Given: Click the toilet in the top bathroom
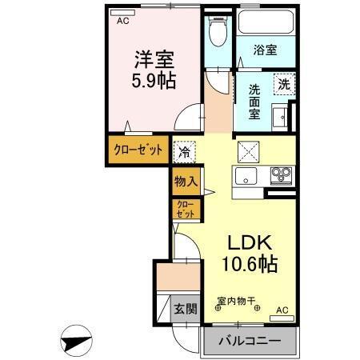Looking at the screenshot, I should tap(214, 33).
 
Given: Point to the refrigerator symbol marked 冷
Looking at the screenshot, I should tap(184, 150).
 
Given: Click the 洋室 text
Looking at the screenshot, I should tap(154, 59).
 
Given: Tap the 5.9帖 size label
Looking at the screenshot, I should tap(154, 81).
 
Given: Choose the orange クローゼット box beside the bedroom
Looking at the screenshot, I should tap(138, 150).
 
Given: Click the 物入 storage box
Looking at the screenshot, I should tap(186, 181).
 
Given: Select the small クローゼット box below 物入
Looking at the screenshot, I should tap(185, 210).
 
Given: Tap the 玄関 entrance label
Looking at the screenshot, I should tap(186, 309).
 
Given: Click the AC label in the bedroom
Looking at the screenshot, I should tap(122, 22).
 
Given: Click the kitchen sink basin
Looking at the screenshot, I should tap(246, 174).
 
